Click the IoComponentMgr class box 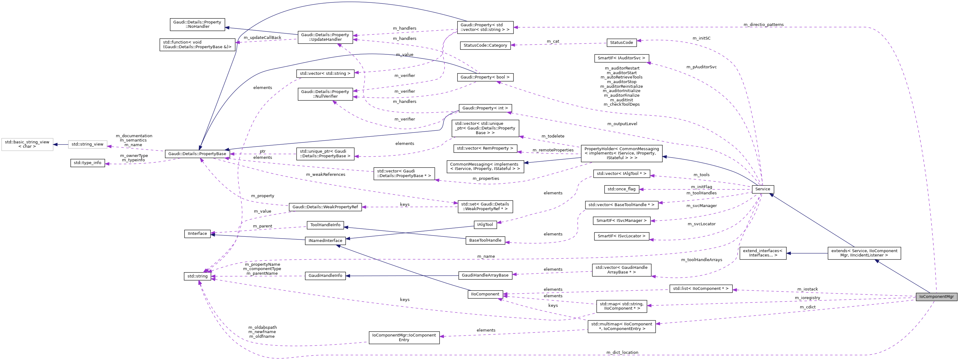tap(936, 297)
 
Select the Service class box tap(763, 189)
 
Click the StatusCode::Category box tap(485, 45)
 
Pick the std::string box tap(197, 276)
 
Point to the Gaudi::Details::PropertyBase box tap(197, 154)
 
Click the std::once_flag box tap(621, 189)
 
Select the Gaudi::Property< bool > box tap(485, 77)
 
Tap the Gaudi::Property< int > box tap(485, 108)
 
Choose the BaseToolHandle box tap(485, 240)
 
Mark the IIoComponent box tap(485, 294)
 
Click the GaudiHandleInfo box tap(325, 276)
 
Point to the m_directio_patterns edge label tap(763, 25)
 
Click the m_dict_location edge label tap(622, 352)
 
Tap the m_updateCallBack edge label tap(263, 38)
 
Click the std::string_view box tap(87, 144)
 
